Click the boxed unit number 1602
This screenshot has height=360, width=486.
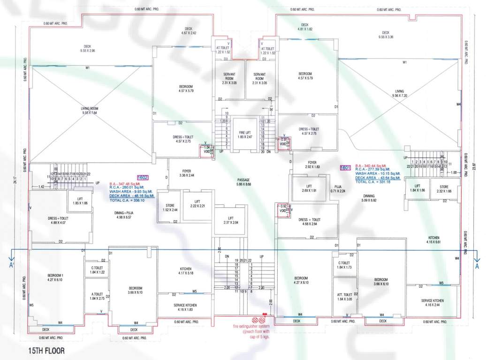click(143, 177)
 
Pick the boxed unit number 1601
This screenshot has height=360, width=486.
click(345, 167)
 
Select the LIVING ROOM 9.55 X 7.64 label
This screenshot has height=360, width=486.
click(89, 111)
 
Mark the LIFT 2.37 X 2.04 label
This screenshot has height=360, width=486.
click(230, 220)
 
